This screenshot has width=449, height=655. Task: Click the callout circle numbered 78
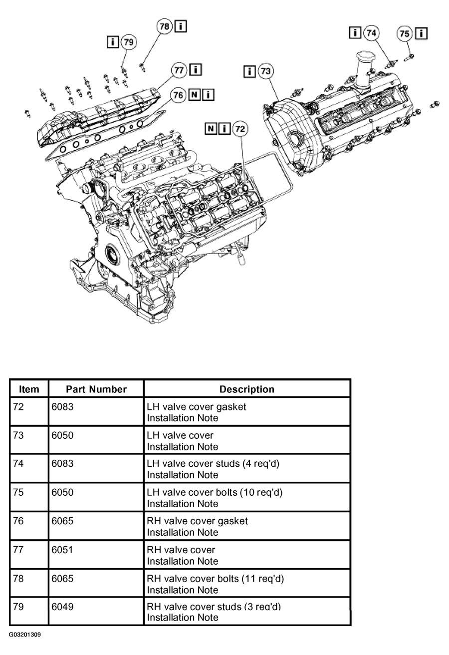(165, 26)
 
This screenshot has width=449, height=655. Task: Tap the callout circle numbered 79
(129, 42)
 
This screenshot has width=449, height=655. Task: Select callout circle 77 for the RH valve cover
(179, 70)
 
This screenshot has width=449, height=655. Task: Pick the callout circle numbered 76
(178, 95)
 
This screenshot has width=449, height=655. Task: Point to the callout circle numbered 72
(240, 129)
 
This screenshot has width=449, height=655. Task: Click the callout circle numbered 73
(265, 71)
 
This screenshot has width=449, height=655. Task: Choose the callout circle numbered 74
(371, 33)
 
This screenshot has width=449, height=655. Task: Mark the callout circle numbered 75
(404, 33)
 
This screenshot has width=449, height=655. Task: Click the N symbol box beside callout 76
(194, 95)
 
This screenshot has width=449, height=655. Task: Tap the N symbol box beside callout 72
(211, 129)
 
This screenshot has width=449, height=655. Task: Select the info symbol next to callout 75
(421, 33)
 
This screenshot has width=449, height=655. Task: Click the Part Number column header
(96, 389)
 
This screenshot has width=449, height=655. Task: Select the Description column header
(247, 389)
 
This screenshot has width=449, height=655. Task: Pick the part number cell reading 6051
(62, 550)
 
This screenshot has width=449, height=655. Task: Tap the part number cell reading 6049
(62, 607)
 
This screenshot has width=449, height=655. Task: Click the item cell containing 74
(18, 463)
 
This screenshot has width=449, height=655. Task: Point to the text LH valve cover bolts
(192, 492)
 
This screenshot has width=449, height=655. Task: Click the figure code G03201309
(25, 635)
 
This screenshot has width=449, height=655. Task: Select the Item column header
(29, 389)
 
